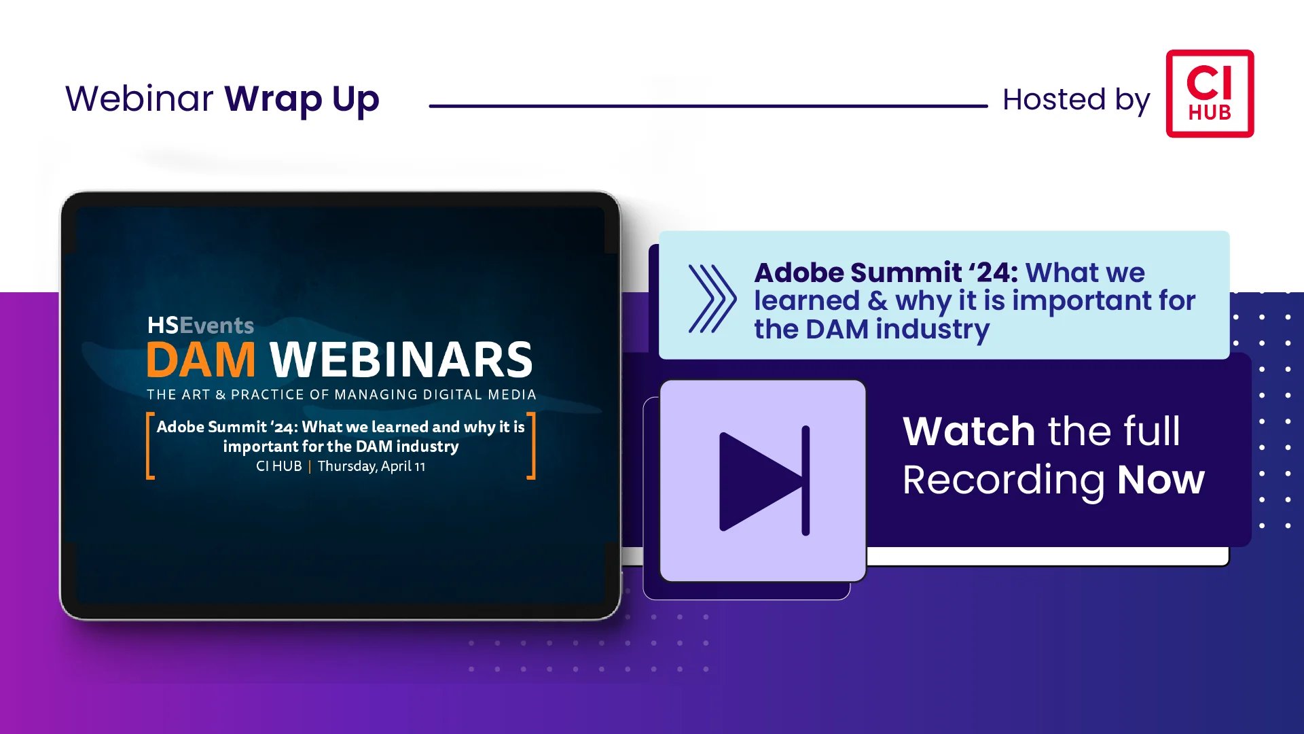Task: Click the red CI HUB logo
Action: coord(1210,93)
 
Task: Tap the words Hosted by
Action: coord(1076,101)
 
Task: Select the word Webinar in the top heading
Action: coord(139,99)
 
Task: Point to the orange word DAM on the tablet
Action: coord(201,360)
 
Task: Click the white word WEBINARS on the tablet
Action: coord(401,360)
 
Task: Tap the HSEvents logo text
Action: coord(200,325)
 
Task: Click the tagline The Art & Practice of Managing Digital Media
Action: coord(342,395)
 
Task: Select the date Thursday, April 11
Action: coord(372,466)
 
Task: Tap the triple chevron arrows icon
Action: coord(712,299)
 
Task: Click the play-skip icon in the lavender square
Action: coord(764,481)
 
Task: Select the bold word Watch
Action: coord(968,431)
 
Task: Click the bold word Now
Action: coord(1161,480)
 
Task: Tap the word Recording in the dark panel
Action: coord(1003,482)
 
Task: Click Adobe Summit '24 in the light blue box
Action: coord(886,273)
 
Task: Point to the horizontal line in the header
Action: coord(708,106)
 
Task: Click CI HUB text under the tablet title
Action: coord(278,466)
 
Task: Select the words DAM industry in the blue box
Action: coord(898,330)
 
